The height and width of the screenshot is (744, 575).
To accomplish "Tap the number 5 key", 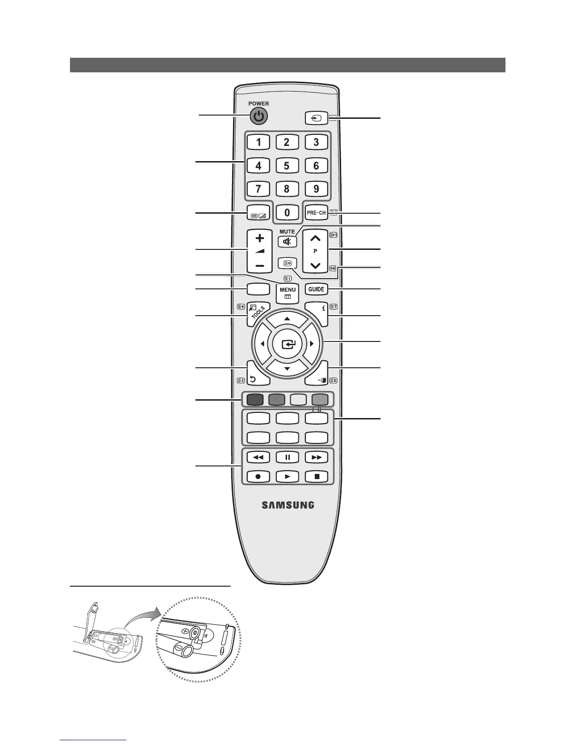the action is [x=287, y=165].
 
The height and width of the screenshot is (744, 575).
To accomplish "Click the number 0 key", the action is [x=287, y=212].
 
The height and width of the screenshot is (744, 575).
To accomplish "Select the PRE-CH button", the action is [x=316, y=212].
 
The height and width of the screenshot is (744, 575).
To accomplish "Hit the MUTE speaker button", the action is [x=287, y=242].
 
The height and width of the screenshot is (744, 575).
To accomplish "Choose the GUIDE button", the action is [x=316, y=289].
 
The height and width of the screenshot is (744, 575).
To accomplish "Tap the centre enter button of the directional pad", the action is [x=287, y=344].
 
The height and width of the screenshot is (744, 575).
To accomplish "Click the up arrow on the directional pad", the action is [x=287, y=319].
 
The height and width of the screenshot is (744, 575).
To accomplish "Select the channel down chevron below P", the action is [x=316, y=266].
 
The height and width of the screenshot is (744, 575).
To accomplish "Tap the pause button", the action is [x=287, y=457].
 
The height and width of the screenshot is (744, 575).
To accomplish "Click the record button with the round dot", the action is [x=258, y=476].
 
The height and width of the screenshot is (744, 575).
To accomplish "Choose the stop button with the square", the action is [x=317, y=476].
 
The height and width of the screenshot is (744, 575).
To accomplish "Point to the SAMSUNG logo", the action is [x=287, y=505].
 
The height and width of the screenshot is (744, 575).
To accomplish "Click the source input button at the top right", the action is [x=316, y=118].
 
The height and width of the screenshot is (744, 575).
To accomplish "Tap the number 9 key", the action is [x=316, y=189].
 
